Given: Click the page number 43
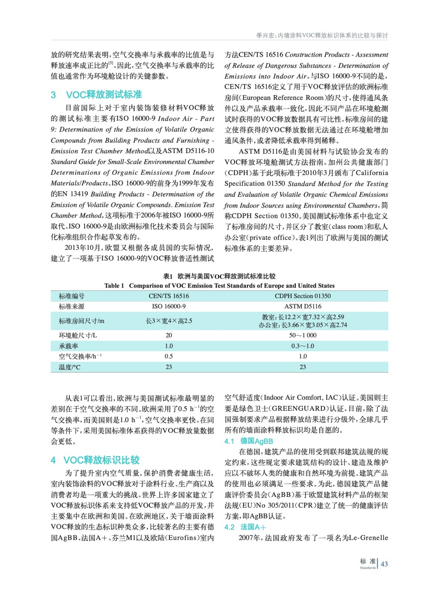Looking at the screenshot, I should tap(384, 564).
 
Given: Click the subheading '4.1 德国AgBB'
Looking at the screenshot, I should tap(249, 441).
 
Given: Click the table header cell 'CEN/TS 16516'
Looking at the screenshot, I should tap(169, 296).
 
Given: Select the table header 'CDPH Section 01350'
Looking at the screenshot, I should tap(303, 296).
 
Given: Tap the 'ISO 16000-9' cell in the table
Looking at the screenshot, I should tap(169, 306).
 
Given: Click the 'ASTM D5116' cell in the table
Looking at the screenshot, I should tap(303, 306).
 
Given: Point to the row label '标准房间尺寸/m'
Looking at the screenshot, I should tap(81, 321).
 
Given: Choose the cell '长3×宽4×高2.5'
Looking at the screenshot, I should tap(169, 321).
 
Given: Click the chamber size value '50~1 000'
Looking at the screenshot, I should tap(303, 335).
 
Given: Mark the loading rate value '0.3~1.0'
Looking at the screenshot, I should tap(303, 346).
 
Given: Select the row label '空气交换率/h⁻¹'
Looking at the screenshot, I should tap(80, 356).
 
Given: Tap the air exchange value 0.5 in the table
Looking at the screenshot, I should tap(169, 356).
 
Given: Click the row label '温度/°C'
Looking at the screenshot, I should tap(70, 367).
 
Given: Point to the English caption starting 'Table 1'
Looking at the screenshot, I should tap(219, 286).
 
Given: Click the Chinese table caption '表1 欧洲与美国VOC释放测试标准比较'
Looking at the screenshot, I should tap(219, 276).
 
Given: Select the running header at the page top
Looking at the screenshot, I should tap(322, 36).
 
